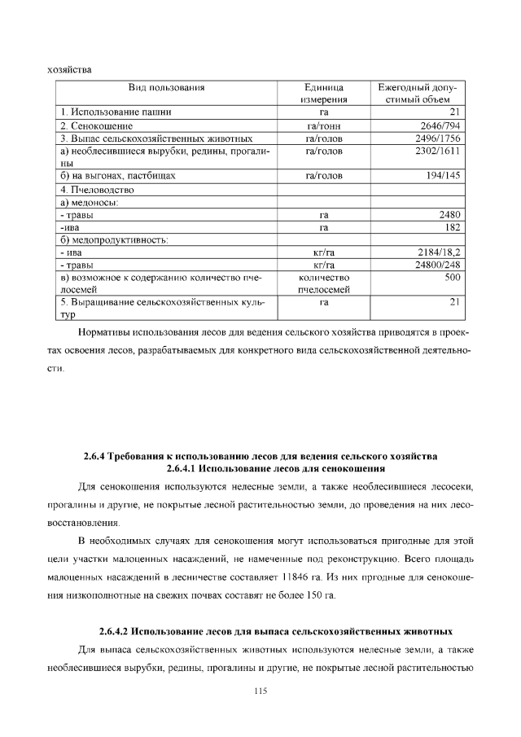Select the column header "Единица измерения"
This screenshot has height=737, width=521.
(323, 93)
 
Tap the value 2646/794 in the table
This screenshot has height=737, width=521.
(440, 125)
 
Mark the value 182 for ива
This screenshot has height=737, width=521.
(453, 227)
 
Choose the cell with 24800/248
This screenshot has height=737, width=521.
(437, 265)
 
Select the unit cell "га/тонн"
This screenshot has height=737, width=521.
(323, 125)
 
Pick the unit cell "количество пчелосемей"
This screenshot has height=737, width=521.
(323, 283)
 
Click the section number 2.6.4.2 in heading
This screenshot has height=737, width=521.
(113, 631)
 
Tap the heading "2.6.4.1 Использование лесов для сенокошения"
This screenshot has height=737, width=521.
(275, 469)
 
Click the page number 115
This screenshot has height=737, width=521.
(260, 691)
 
